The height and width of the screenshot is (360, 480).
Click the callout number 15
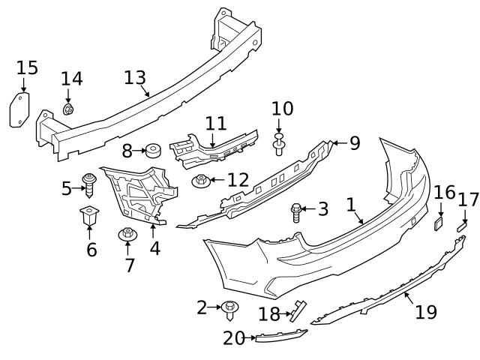tap(26, 68)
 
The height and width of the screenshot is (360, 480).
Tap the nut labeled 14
tap(68, 110)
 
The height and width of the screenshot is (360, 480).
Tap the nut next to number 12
tap(200, 181)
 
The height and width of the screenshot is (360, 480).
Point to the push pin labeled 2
tap(229, 307)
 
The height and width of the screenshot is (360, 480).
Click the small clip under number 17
tap(462, 224)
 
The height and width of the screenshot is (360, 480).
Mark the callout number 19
tap(426, 312)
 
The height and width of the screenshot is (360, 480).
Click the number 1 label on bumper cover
tap(349, 204)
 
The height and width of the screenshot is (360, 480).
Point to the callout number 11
tap(215, 122)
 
